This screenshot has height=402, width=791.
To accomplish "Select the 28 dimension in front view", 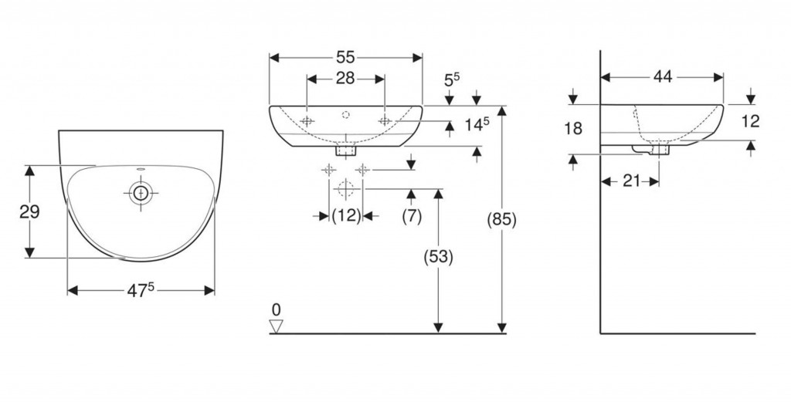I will pyautogui.click(x=345, y=79).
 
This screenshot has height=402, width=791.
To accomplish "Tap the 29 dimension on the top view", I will pyautogui.click(x=29, y=211).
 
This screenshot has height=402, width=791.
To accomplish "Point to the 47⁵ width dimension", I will pyautogui.click(x=141, y=290).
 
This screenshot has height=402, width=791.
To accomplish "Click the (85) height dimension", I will pyautogui.click(x=501, y=219).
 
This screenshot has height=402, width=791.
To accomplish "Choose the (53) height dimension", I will pyautogui.click(x=437, y=257).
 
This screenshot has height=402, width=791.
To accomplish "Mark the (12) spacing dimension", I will pyautogui.click(x=346, y=216).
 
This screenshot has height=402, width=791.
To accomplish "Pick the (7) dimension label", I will pyautogui.click(x=412, y=216).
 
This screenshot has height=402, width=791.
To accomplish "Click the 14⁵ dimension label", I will pyautogui.click(x=477, y=124).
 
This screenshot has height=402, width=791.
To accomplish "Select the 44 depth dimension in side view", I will pyautogui.click(x=663, y=76).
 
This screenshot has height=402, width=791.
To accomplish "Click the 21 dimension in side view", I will pyautogui.click(x=630, y=181).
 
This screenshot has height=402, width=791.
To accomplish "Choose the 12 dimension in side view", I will pyautogui.click(x=750, y=121).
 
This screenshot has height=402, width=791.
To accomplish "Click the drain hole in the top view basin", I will pyautogui.click(x=140, y=192).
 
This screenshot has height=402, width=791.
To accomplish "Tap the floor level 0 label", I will pyautogui.click(x=277, y=310).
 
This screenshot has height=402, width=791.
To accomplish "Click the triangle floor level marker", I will pyautogui.click(x=277, y=327).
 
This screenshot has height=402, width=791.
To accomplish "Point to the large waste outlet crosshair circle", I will pyautogui.click(x=345, y=187).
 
